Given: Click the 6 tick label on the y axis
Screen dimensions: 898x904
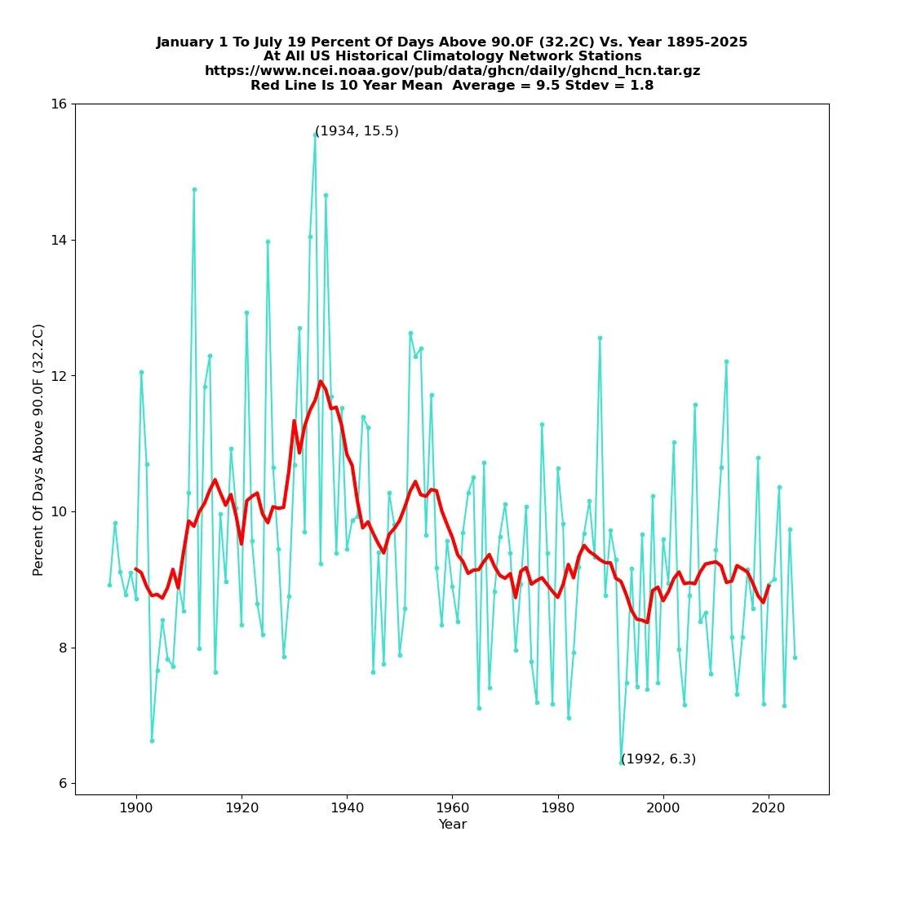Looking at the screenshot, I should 64,783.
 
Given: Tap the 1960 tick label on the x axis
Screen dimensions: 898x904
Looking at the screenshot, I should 452,807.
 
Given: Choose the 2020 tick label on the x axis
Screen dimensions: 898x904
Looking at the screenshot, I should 768,807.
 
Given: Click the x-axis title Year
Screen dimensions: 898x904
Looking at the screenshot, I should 452,825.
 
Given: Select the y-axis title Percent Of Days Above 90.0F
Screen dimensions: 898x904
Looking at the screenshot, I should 38,449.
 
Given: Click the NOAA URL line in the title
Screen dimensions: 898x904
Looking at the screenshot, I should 452,71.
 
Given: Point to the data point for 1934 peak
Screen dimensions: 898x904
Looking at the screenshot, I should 315,135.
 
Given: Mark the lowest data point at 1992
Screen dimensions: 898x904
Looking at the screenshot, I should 621,763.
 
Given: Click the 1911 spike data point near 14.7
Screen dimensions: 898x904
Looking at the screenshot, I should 194,189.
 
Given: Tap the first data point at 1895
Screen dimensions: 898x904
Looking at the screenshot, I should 109,585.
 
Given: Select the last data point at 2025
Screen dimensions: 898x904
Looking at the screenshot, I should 795,657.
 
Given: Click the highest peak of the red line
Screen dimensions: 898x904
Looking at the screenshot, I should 321,381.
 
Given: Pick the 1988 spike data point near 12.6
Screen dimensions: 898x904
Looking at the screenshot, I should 600,338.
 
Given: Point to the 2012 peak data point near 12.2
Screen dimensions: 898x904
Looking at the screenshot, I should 726,361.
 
